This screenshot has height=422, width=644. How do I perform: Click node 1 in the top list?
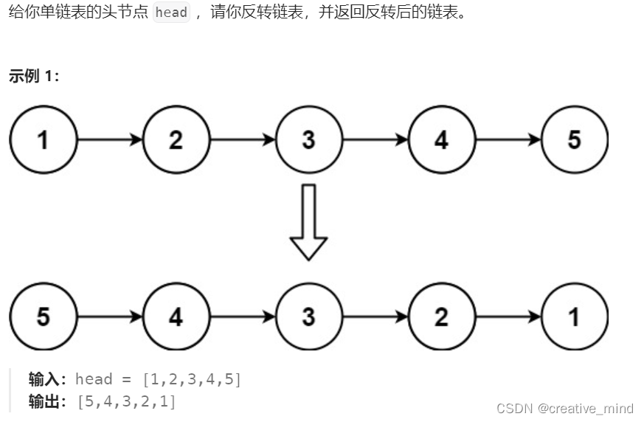44,139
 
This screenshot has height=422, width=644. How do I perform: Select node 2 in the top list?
176,139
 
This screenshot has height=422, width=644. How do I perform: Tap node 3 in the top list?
308,139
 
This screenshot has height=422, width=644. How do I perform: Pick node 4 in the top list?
441,139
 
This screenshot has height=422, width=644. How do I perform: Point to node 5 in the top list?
574,139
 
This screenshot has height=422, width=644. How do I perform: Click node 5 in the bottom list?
44,316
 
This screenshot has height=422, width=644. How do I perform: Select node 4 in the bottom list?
176,316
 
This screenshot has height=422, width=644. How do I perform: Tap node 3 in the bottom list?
308,316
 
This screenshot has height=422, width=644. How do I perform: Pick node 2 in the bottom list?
441,316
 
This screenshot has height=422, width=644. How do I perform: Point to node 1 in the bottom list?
574,316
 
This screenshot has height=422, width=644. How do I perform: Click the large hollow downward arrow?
308,221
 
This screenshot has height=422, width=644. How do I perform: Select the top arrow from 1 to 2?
110,139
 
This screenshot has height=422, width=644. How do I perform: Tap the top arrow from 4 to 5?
508,139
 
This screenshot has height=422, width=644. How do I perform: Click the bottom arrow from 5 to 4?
110,316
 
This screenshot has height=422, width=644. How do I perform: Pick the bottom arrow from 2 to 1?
508,316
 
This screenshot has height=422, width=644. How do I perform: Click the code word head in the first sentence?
171,13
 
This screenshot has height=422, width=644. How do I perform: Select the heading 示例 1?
34,76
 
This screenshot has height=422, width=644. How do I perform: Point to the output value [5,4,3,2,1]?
126,402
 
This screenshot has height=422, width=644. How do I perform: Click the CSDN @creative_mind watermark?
564,408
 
